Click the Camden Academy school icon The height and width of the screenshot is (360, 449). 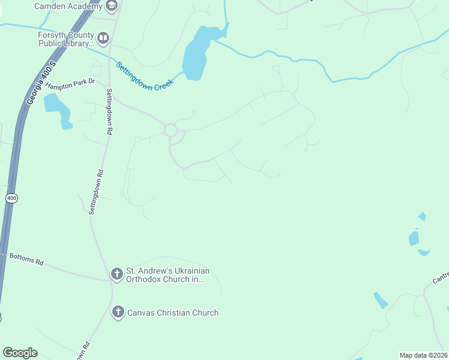(x=111, y=5)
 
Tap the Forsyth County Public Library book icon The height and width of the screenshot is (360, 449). (x=103, y=40)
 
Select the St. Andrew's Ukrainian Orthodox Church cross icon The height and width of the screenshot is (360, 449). (x=117, y=275)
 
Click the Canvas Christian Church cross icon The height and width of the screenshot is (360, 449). (x=118, y=312)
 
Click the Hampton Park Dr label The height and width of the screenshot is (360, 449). (x=71, y=85)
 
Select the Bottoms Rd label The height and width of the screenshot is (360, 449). (x=26, y=262)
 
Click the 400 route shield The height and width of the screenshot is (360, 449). (x=11, y=198)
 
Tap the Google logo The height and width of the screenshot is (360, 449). (x=20, y=352)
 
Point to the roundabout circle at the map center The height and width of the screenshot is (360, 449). (x=170, y=130)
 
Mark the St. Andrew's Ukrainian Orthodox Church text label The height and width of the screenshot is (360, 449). (x=167, y=275)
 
